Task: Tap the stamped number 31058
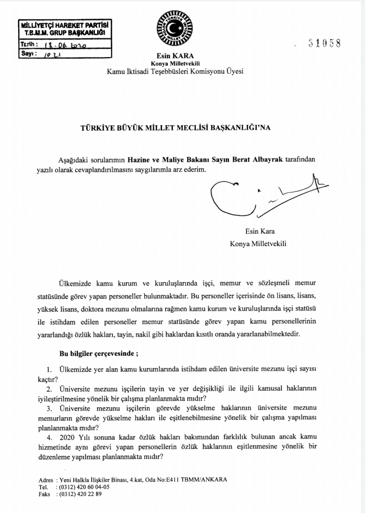coord(324,43)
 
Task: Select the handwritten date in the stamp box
coord(66,45)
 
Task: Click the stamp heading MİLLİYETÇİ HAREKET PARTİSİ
coord(63,25)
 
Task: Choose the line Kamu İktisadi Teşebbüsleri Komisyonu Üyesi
coord(175,72)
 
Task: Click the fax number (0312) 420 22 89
coord(80,494)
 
